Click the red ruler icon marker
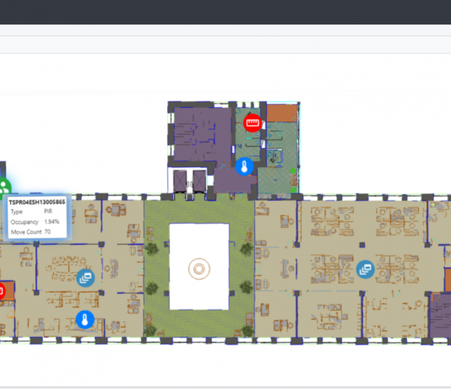pos(253,123)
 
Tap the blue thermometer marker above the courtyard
pos(244,166)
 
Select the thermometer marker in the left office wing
pos(84,320)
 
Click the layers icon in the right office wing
pos(366,269)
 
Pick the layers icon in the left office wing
pos(85,278)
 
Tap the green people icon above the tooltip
pos(4,188)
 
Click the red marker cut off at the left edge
pos(2,291)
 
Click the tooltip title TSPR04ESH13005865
pos(37,203)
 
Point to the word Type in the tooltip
pos(16,212)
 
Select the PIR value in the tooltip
pos(48,212)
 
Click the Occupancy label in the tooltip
pos(24,222)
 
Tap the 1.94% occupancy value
pos(52,221)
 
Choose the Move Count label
pos(26,232)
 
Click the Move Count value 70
pos(47,231)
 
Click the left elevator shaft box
pos(180,181)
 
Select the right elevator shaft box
pos(199,181)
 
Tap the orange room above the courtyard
pos(282,113)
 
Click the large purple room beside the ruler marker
pos(203,134)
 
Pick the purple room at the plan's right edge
pos(440,316)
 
